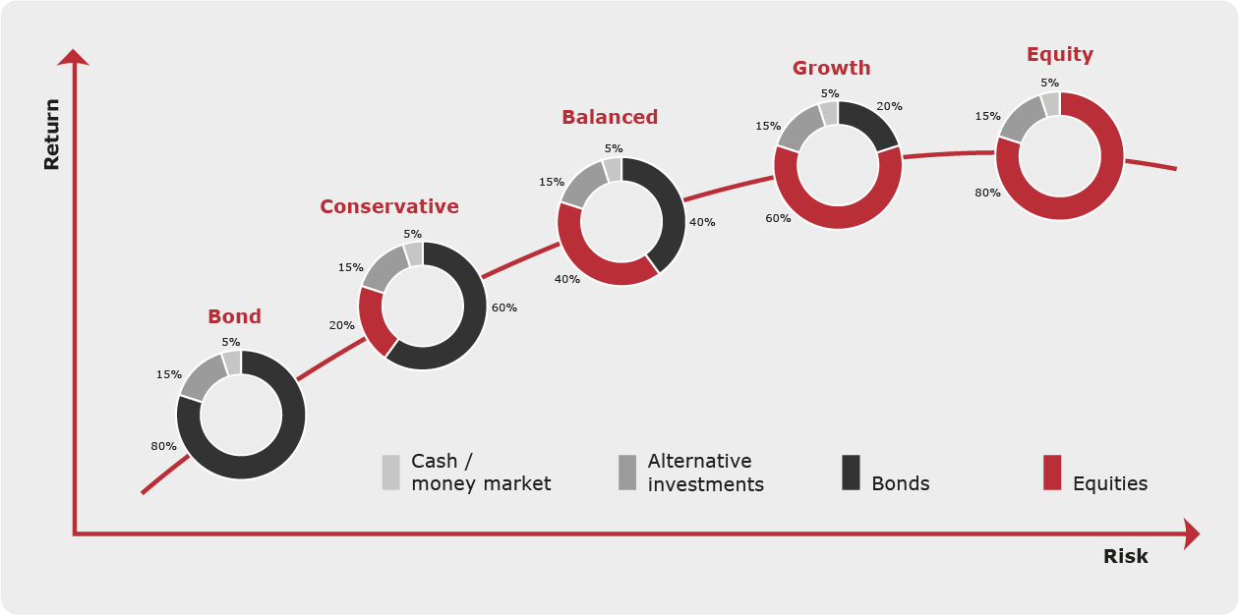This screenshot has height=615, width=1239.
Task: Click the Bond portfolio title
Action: tap(234, 316)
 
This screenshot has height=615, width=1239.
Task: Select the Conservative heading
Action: tap(389, 206)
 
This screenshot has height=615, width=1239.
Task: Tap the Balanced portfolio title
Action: tap(610, 117)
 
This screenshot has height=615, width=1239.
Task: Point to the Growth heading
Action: tap(831, 68)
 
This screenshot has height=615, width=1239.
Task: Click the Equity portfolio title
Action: tap(1060, 54)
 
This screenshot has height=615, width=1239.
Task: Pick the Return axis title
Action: tap(51, 135)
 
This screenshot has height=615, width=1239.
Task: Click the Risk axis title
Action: tap(1126, 556)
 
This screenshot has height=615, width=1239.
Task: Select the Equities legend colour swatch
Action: tap(1052, 473)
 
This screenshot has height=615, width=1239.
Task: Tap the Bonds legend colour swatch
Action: tap(851, 473)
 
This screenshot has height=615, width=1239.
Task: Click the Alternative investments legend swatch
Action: tap(627, 473)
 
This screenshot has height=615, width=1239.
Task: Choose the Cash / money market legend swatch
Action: tap(390, 473)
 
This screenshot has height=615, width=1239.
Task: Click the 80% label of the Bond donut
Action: tap(163, 446)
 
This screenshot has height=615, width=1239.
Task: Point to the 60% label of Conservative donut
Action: tap(504, 307)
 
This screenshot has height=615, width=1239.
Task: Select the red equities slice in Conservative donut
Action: tap(373, 320)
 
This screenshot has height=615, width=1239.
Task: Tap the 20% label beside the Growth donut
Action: tap(889, 106)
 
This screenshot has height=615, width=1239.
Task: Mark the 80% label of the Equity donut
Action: tap(987, 193)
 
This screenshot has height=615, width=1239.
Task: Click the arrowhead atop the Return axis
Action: tap(73, 57)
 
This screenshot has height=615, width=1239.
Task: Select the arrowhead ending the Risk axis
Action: tap(1192, 533)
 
